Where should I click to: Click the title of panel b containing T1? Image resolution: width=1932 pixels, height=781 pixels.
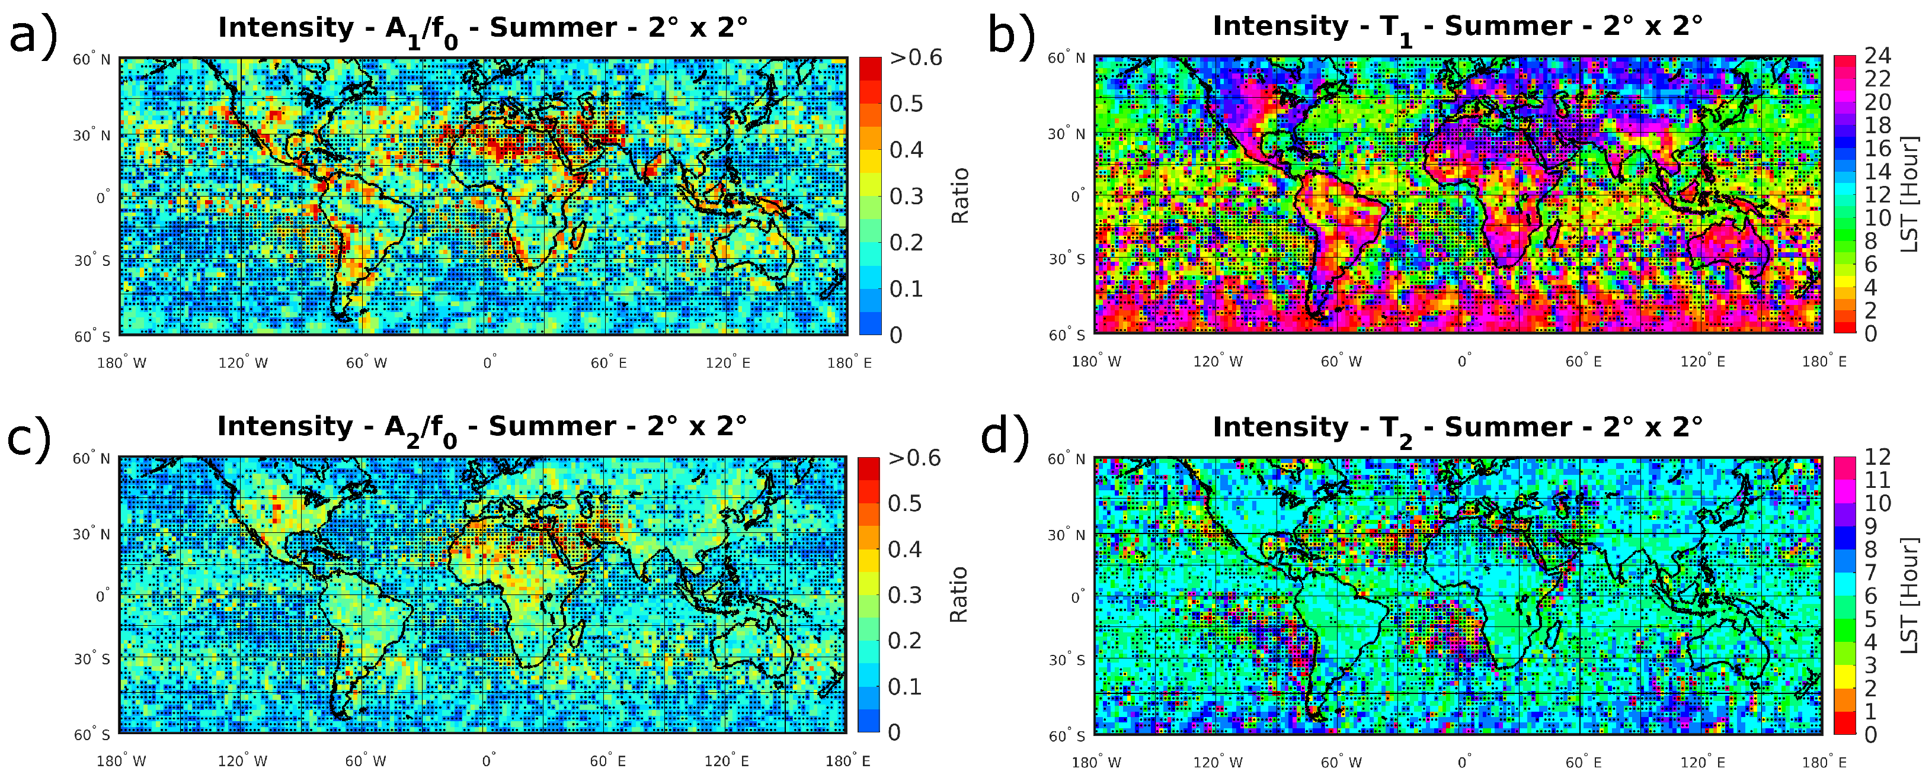(1457, 27)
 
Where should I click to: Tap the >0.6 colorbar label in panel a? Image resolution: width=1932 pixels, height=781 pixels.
(915, 57)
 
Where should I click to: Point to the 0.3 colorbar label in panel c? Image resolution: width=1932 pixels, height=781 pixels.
(904, 595)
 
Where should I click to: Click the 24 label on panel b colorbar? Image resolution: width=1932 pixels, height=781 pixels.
(1877, 56)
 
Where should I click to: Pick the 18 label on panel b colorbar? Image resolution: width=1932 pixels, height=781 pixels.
(1877, 125)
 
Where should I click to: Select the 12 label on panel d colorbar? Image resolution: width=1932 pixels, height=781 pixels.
(1877, 457)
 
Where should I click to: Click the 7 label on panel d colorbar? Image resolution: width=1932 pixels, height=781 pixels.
(1870, 573)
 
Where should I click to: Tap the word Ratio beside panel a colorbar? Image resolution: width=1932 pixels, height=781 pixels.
(960, 195)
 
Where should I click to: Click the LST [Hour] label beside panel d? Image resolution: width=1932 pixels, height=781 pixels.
(1909, 595)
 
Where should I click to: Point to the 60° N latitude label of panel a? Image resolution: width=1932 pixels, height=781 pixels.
(91, 59)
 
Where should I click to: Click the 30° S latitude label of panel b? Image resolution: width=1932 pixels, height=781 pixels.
(1067, 259)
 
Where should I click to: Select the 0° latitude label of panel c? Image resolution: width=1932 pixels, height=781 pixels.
(102, 597)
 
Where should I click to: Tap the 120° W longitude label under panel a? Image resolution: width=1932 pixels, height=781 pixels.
(243, 363)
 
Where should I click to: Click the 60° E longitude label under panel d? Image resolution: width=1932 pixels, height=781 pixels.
(1584, 762)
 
